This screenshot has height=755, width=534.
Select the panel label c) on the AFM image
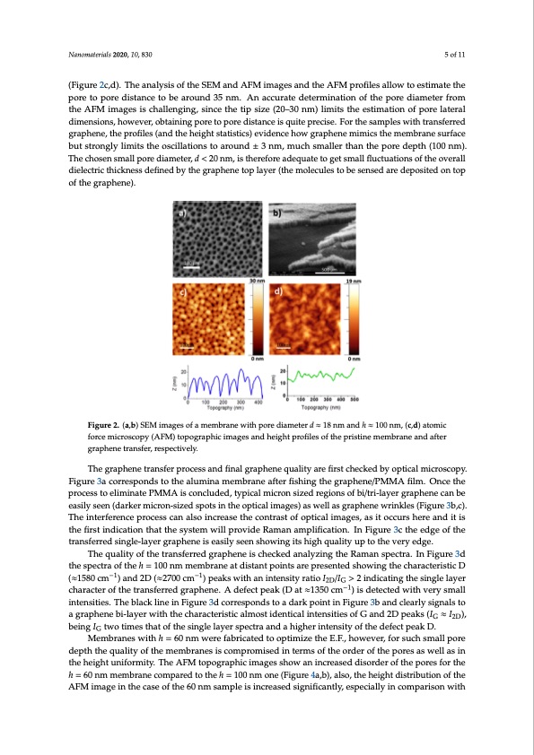[181, 293]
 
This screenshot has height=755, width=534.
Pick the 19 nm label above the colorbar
[355, 282]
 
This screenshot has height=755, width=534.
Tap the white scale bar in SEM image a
[191, 266]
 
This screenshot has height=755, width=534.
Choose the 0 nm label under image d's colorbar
[355, 359]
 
